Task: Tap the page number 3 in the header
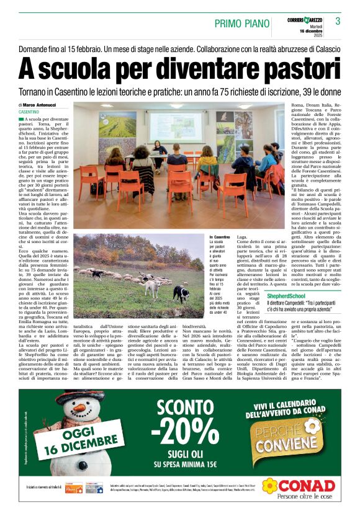click(x=338, y=22)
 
